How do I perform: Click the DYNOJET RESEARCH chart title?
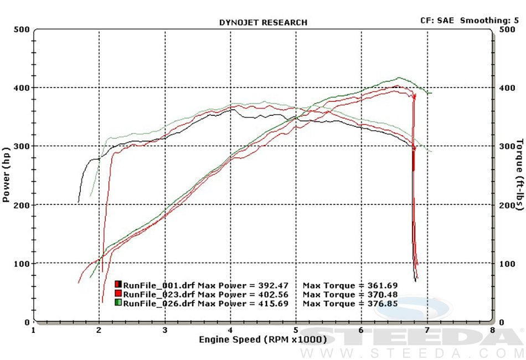point(263,23)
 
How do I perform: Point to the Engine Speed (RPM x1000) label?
point(263,339)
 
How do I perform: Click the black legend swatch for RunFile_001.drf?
point(118,285)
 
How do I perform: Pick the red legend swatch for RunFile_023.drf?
point(118,294)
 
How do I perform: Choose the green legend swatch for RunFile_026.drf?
point(118,304)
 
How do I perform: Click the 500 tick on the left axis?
point(22,29)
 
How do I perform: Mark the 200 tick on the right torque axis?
point(508,205)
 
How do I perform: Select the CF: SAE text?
point(437,20)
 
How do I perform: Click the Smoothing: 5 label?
point(489,20)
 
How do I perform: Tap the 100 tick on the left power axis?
point(22,264)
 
